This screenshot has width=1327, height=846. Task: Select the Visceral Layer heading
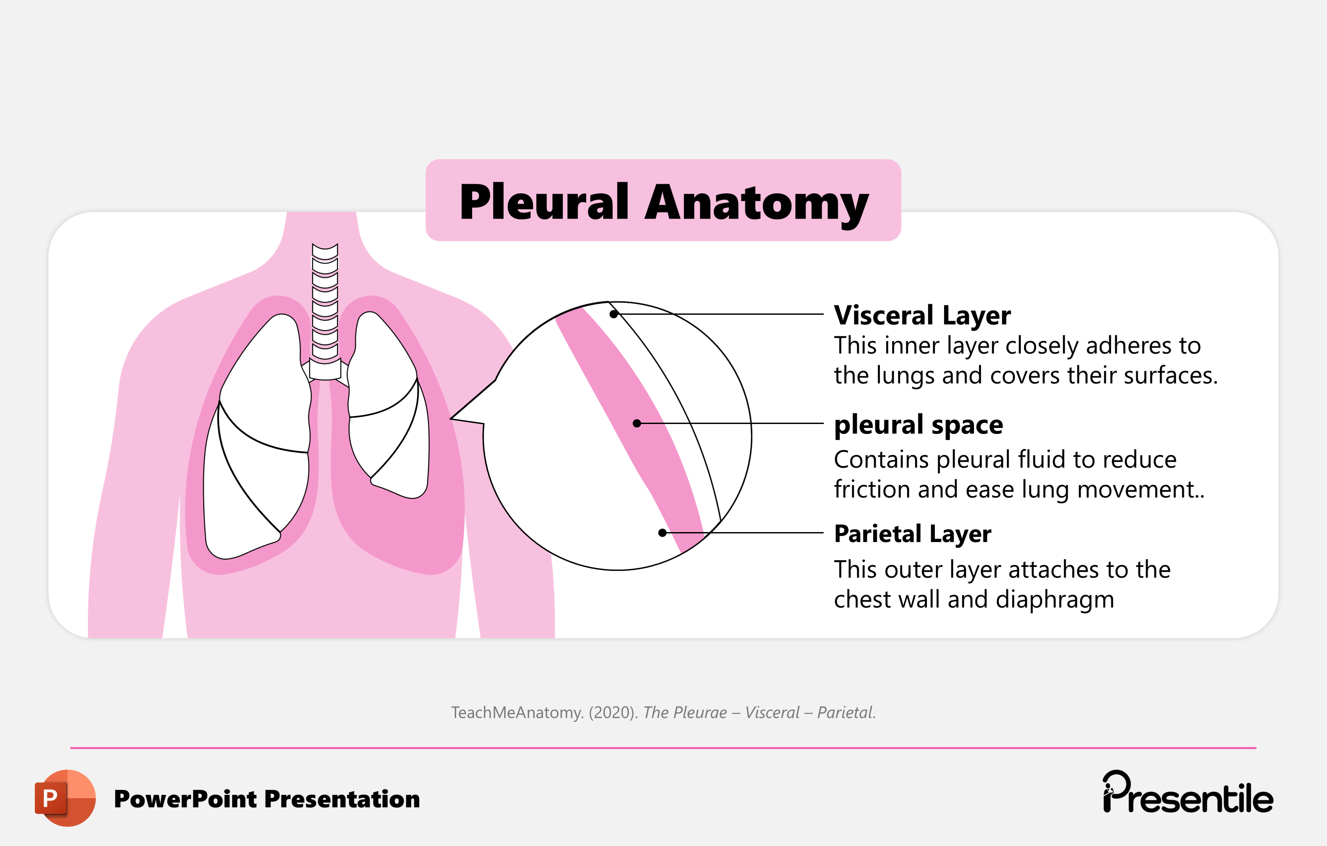click(x=922, y=316)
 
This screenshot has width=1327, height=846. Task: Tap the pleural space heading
click(x=918, y=425)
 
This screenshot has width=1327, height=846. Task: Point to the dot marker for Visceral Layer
click(x=613, y=314)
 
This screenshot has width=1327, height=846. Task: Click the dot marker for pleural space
click(x=637, y=423)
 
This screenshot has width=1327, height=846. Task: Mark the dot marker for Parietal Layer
click(x=662, y=532)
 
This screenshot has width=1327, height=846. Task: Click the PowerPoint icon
click(x=65, y=798)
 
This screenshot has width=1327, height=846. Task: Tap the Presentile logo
click(x=1187, y=794)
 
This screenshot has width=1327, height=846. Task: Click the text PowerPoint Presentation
click(x=267, y=799)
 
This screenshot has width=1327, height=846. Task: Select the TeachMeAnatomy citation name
click(x=517, y=713)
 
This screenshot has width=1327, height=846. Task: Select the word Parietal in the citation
click(x=845, y=713)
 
